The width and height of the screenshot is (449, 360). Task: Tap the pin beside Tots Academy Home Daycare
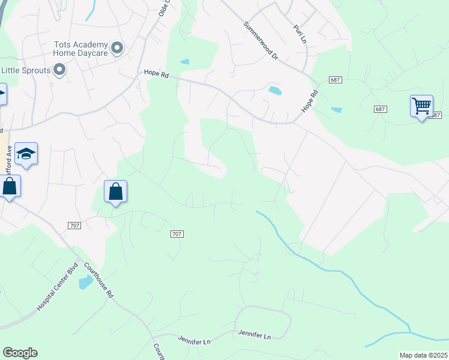117,48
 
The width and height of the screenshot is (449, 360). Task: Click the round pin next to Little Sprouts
59,71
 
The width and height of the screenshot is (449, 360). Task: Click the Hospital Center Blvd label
58,286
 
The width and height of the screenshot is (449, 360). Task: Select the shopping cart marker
421,107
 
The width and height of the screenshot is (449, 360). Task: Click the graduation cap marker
26,155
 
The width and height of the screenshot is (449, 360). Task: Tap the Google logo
20,353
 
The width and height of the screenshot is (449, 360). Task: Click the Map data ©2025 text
423,355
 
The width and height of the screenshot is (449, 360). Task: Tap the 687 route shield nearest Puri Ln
335,80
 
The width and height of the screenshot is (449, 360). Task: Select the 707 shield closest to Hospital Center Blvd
74,225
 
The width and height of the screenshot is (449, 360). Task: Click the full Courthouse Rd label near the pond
98,280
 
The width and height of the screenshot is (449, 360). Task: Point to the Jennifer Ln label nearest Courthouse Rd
194,340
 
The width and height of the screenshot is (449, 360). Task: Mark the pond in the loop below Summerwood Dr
275,91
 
